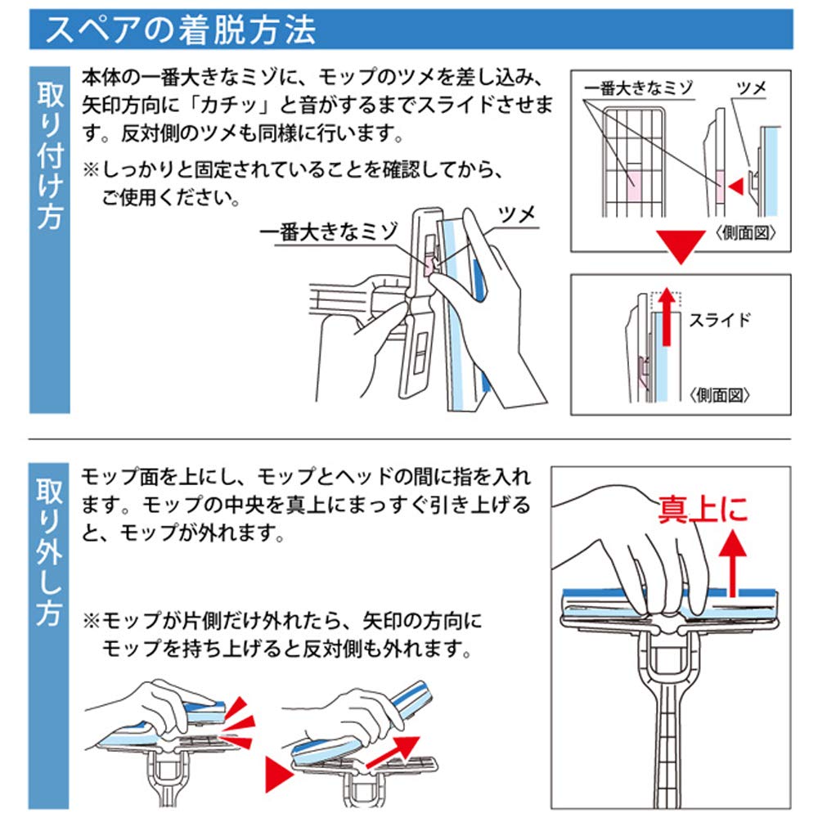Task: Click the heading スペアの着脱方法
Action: click(181, 32)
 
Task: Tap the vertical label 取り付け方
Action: click(50, 155)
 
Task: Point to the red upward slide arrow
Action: click(668, 315)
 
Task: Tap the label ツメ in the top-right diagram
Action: click(750, 88)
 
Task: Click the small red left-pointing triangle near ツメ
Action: click(737, 188)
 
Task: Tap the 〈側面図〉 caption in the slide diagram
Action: click(720, 395)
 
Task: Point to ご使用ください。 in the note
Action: click(171, 199)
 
